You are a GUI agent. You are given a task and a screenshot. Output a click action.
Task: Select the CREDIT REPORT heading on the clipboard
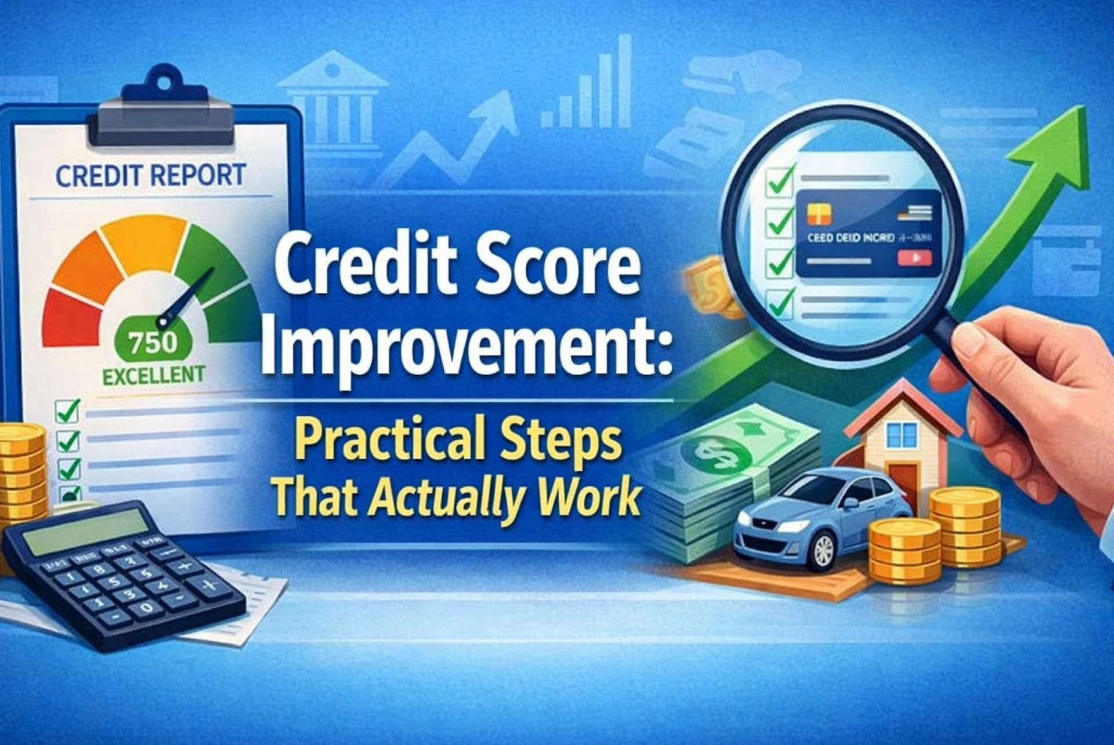[151, 175]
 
